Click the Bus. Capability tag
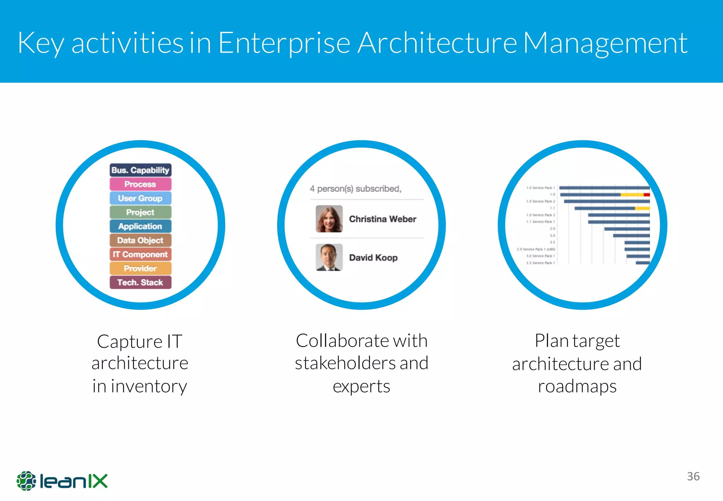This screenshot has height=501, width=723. point(140,170)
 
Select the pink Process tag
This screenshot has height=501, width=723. point(140,184)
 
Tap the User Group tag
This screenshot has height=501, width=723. point(140,198)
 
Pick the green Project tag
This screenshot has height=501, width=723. point(140,212)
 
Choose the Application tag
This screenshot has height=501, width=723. point(140,226)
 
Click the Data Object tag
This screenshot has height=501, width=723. point(140,240)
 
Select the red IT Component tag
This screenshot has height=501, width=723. point(140,254)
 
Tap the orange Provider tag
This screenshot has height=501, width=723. point(140,268)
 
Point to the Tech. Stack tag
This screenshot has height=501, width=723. point(140,282)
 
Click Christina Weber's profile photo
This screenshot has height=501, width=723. point(329,219)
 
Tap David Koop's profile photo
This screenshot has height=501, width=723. point(329,257)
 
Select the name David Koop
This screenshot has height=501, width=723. point(373,258)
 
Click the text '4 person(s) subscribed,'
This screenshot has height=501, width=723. point(355,189)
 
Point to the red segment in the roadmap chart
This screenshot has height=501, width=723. point(646,195)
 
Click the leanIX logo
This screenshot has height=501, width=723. point(62,481)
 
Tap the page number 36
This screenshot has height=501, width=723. point(693,476)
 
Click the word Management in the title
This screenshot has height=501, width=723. point(605,43)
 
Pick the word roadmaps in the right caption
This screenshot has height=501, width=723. point(577,386)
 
